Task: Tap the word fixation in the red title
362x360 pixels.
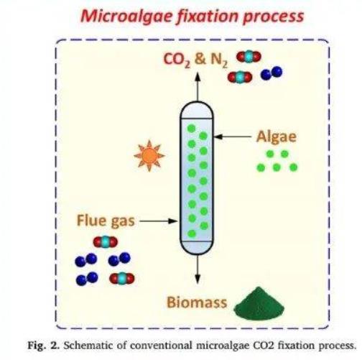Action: coord(208,17)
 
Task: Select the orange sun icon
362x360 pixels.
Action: coord(149,156)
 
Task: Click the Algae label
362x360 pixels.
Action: coord(277,137)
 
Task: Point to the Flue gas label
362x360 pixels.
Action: coord(106,221)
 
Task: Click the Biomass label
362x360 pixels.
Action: coord(197,303)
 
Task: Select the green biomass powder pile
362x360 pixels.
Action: coord(259,303)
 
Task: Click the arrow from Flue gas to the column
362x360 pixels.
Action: coord(159,221)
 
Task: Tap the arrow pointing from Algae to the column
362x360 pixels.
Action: coord(233,137)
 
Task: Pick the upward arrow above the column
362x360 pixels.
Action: coord(198,87)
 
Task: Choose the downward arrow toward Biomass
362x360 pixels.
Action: coord(198,269)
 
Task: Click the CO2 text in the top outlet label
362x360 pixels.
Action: coord(177,60)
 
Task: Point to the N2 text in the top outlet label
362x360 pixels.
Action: coord(219,60)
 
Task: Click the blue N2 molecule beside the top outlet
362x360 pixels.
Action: coord(271,73)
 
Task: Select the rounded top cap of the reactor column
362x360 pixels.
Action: coord(197,110)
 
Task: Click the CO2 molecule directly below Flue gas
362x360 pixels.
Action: coord(106,242)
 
